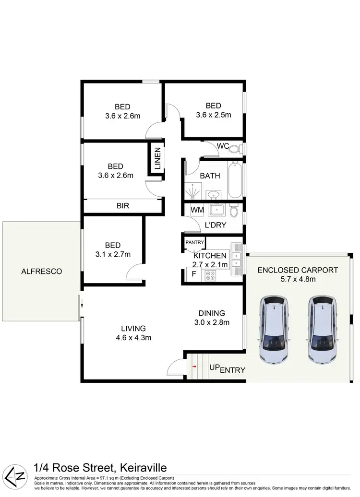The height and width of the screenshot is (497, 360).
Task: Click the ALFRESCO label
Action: click(x=41, y=272)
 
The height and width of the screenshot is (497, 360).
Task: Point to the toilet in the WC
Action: click(x=235, y=149)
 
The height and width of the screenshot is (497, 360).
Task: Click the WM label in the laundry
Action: click(x=197, y=210)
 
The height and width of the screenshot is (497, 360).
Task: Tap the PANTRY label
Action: click(x=195, y=242)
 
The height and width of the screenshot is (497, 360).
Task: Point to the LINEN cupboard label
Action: click(x=157, y=158)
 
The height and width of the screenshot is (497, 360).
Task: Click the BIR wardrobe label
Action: click(x=123, y=206)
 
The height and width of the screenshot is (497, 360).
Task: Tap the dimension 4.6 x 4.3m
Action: click(x=133, y=337)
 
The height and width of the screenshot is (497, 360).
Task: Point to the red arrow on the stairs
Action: click(x=194, y=367)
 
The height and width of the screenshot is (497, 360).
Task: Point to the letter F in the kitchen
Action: click(x=193, y=274)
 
